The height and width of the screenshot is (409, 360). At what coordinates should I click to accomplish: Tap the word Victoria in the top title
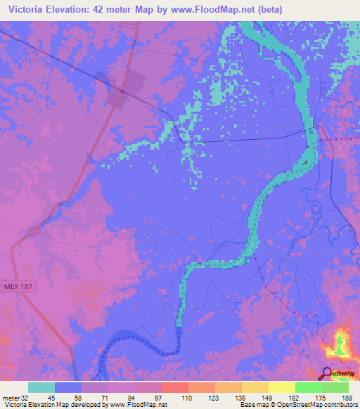click(27, 9)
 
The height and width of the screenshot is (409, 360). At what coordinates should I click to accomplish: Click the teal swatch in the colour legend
click(41, 387)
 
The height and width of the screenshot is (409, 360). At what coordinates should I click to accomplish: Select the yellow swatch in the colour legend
click(281, 387)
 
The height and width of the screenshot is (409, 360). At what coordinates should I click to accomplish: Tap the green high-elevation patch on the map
click(342, 344)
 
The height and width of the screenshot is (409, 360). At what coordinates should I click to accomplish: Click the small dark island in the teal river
click(306, 163)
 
